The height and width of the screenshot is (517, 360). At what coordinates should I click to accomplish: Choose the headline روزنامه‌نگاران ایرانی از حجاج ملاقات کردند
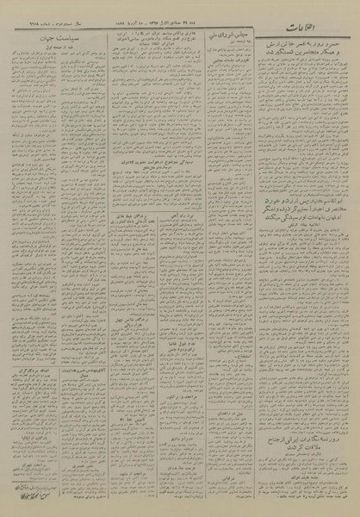coord(295,438)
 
